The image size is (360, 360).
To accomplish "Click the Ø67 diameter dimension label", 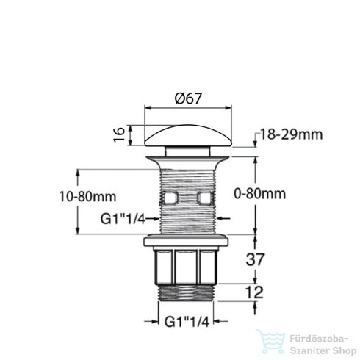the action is click(188, 98).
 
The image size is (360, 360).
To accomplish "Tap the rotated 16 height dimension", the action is click(119, 135).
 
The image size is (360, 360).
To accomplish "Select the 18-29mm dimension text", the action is click(291, 134).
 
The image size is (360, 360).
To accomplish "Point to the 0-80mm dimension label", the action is click(260, 194).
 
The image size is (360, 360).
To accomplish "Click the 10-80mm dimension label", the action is click(88, 197).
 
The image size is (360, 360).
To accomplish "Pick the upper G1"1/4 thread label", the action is click(123, 219).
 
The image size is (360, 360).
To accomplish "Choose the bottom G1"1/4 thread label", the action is click(187, 322).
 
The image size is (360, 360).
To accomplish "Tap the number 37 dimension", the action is click(255, 259).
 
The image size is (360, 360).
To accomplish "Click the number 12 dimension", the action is click(254, 292).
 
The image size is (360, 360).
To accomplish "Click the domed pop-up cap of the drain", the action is click(188, 136).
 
